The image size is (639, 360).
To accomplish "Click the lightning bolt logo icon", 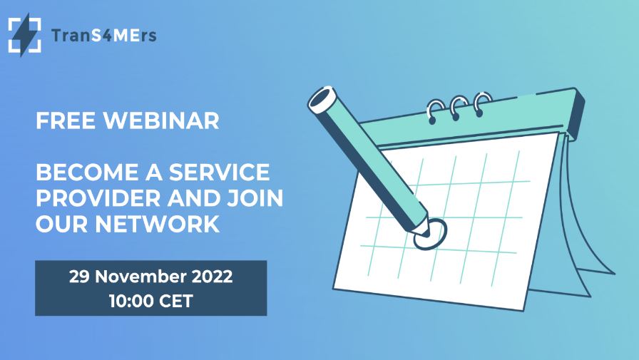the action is point(24,35).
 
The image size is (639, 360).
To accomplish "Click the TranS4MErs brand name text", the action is point(104,36).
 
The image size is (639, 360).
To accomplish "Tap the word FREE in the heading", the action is point(66,120).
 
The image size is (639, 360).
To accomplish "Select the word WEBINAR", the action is point(161,120).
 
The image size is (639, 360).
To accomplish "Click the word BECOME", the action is point(87,172).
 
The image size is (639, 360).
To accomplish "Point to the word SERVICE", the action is point(219,172).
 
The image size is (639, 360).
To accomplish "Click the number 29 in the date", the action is point(78,277).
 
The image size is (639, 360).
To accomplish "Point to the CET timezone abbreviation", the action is point(176,302).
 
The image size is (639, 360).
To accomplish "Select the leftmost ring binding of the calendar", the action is point(436,110).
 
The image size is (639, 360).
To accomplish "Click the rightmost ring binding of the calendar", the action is point(483,103).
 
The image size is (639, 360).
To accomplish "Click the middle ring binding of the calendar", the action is point(459,107).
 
